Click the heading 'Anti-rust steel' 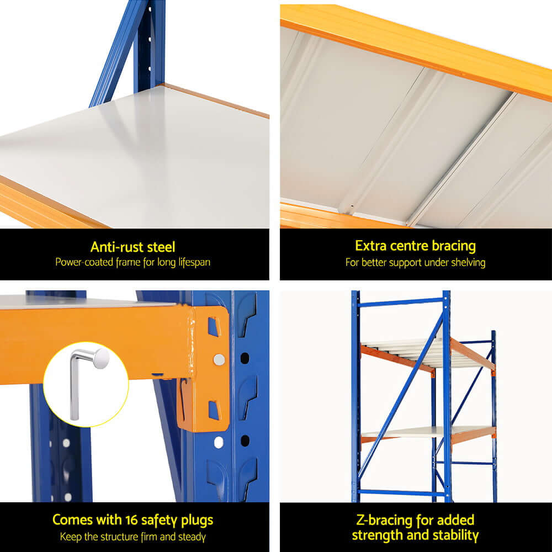[132, 246]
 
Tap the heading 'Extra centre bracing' [415, 246]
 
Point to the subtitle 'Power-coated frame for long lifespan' [132, 262]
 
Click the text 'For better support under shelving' [415, 262]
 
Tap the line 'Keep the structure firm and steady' [132, 536]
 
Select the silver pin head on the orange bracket [219, 360]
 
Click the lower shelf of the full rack [425, 432]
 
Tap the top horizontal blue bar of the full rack [400, 301]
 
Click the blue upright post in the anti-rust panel [149, 44]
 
